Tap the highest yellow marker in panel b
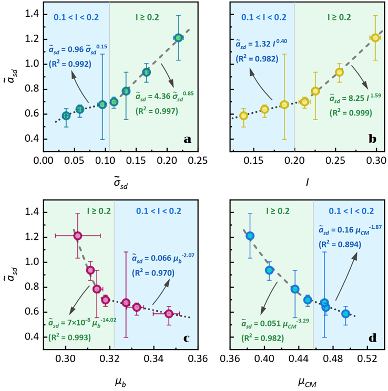375,38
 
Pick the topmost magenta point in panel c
78,236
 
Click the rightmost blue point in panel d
345,313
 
